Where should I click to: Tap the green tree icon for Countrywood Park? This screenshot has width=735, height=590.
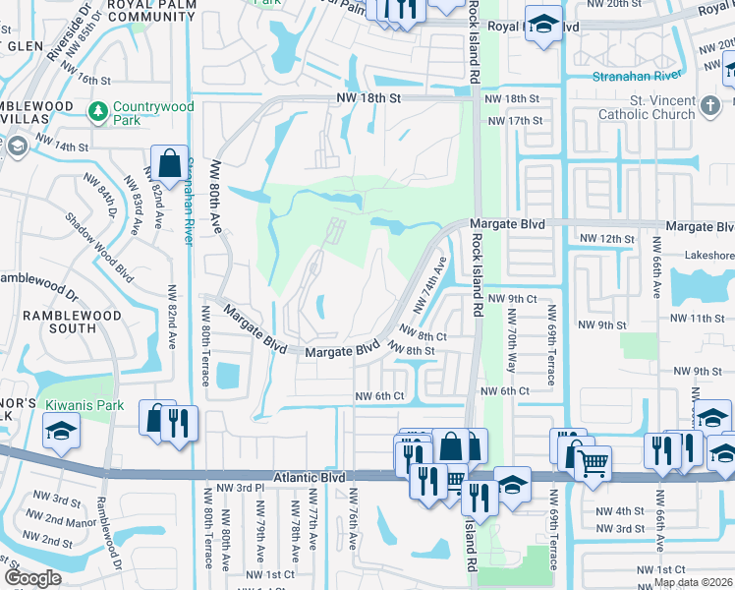click(97, 112)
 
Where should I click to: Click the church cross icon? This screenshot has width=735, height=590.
click(712, 103)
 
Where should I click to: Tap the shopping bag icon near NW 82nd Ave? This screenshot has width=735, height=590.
click(170, 163)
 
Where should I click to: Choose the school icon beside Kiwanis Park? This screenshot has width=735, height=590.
click(61, 430)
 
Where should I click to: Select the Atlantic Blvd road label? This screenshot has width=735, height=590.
click(309, 476)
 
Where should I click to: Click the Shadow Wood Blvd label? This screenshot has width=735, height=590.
click(98, 246)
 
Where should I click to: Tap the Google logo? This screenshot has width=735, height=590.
click(32, 578)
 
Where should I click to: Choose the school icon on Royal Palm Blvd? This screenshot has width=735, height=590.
click(541, 26)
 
